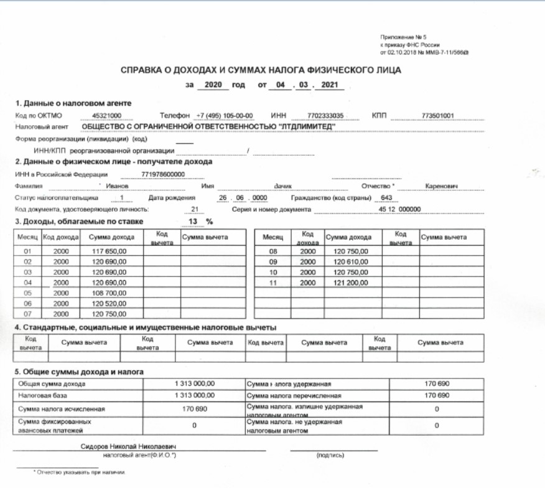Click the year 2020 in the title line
213,85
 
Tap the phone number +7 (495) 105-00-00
223,116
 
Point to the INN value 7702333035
325,116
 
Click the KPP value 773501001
438,116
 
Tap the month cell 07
27,314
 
